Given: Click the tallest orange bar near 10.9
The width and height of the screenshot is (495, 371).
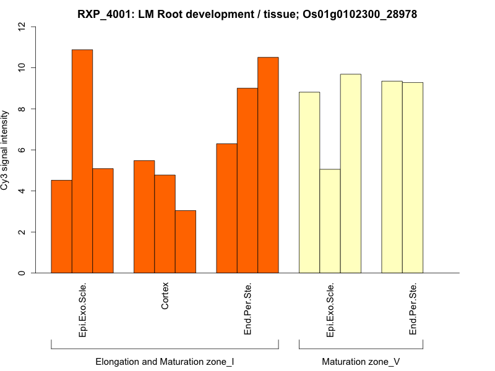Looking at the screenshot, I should (82, 161).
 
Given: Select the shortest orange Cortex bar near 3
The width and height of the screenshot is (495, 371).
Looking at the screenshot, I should (186, 242).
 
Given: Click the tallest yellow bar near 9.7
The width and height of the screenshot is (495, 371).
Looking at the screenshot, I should (351, 174).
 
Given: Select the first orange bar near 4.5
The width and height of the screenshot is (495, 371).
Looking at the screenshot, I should (61, 226).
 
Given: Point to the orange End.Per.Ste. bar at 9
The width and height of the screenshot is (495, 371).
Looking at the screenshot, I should (247, 181).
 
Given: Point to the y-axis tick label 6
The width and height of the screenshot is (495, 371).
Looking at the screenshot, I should (22, 150).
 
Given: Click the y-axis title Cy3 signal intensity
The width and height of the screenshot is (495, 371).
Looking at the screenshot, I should (7, 150).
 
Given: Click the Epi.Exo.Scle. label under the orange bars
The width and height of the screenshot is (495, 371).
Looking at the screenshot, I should (82, 309).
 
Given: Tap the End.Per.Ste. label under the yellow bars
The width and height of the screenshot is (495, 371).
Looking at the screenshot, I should (413, 309).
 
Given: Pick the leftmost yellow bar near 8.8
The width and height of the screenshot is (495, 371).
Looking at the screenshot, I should (309, 182).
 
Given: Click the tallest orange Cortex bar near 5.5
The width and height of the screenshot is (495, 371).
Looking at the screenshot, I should (144, 216).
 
